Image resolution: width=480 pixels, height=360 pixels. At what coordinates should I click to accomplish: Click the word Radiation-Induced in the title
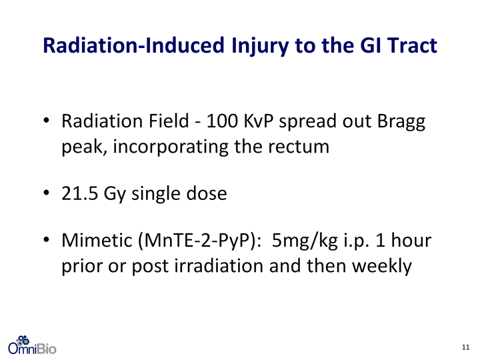(134, 45)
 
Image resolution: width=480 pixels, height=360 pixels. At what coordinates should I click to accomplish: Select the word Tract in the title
(413, 45)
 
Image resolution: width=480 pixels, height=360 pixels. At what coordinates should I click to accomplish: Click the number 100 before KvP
(222, 121)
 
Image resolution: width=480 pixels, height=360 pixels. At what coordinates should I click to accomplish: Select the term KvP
(259, 121)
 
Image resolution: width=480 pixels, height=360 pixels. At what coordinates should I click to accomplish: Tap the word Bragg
(401, 123)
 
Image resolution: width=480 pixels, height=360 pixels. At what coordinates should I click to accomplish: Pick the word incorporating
(171, 147)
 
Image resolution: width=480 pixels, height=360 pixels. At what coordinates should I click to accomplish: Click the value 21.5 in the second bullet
(79, 193)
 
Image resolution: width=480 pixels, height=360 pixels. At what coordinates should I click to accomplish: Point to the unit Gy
(115, 195)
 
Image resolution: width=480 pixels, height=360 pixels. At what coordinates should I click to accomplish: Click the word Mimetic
(97, 240)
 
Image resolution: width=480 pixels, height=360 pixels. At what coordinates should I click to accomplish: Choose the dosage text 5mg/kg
(305, 242)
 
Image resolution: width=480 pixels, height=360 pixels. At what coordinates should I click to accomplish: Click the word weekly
(382, 267)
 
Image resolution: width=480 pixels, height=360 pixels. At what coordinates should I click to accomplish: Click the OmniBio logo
(32, 345)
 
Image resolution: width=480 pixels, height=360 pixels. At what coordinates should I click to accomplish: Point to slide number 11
(465, 347)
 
